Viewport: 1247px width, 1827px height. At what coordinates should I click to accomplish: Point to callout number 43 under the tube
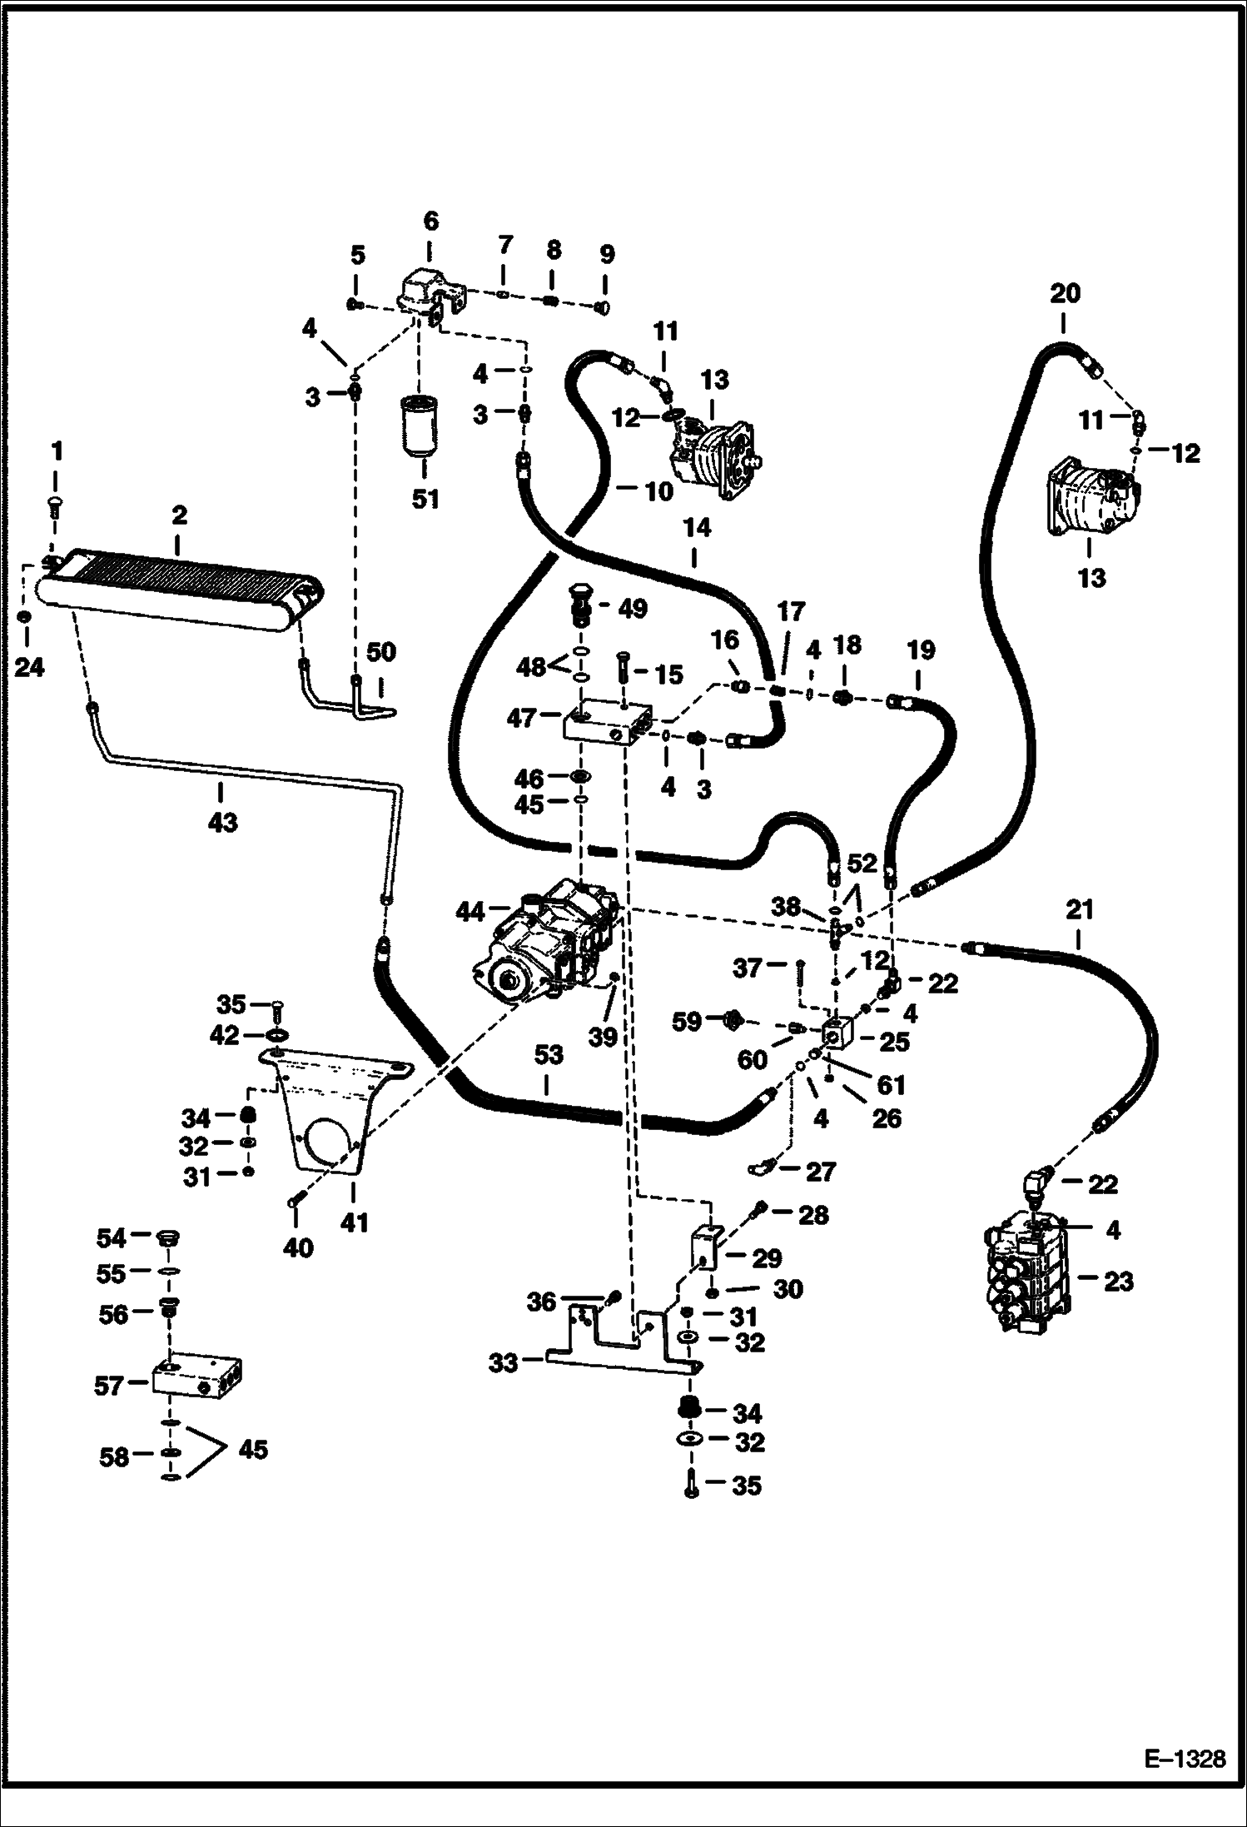click(x=222, y=822)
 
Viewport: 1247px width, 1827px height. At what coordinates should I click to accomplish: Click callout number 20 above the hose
click(x=1065, y=293)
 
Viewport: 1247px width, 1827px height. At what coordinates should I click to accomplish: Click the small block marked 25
click(x=837, y=1035)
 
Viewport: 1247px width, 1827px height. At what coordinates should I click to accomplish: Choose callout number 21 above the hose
click(x=1079, y=910)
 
